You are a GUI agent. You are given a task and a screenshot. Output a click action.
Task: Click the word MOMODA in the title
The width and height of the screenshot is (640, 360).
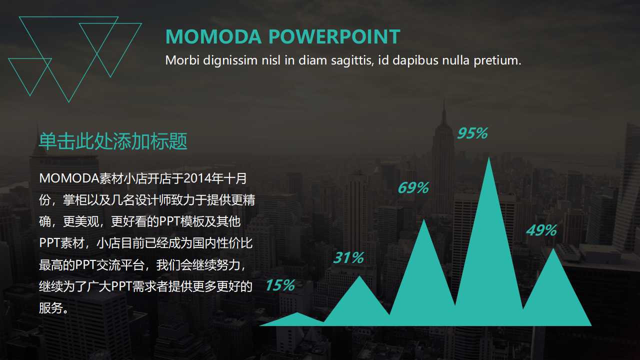click(213, 37)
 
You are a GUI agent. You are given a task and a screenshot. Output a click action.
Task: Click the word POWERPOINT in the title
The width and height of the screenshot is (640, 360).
click(334, 37)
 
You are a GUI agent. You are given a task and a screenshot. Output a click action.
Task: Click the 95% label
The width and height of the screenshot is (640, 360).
click(472, 133)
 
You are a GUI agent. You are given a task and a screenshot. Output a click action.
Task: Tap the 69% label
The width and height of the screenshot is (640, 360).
click(413, 188)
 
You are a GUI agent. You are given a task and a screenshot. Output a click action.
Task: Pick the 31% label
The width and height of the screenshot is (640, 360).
click(348, 258)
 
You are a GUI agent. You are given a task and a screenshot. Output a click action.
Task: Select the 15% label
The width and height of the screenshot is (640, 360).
click(279, 285)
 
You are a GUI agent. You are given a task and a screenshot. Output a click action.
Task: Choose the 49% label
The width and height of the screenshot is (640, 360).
click(541, 230)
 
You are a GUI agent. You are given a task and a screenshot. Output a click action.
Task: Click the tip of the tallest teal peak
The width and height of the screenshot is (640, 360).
click(489, 158)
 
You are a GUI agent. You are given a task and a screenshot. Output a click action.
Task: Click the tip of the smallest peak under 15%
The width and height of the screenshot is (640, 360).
click(297, 313)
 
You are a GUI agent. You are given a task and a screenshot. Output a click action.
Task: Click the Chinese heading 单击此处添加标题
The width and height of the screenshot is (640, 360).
click(113, 141)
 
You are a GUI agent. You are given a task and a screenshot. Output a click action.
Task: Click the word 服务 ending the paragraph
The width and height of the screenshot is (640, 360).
click(51, 308)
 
